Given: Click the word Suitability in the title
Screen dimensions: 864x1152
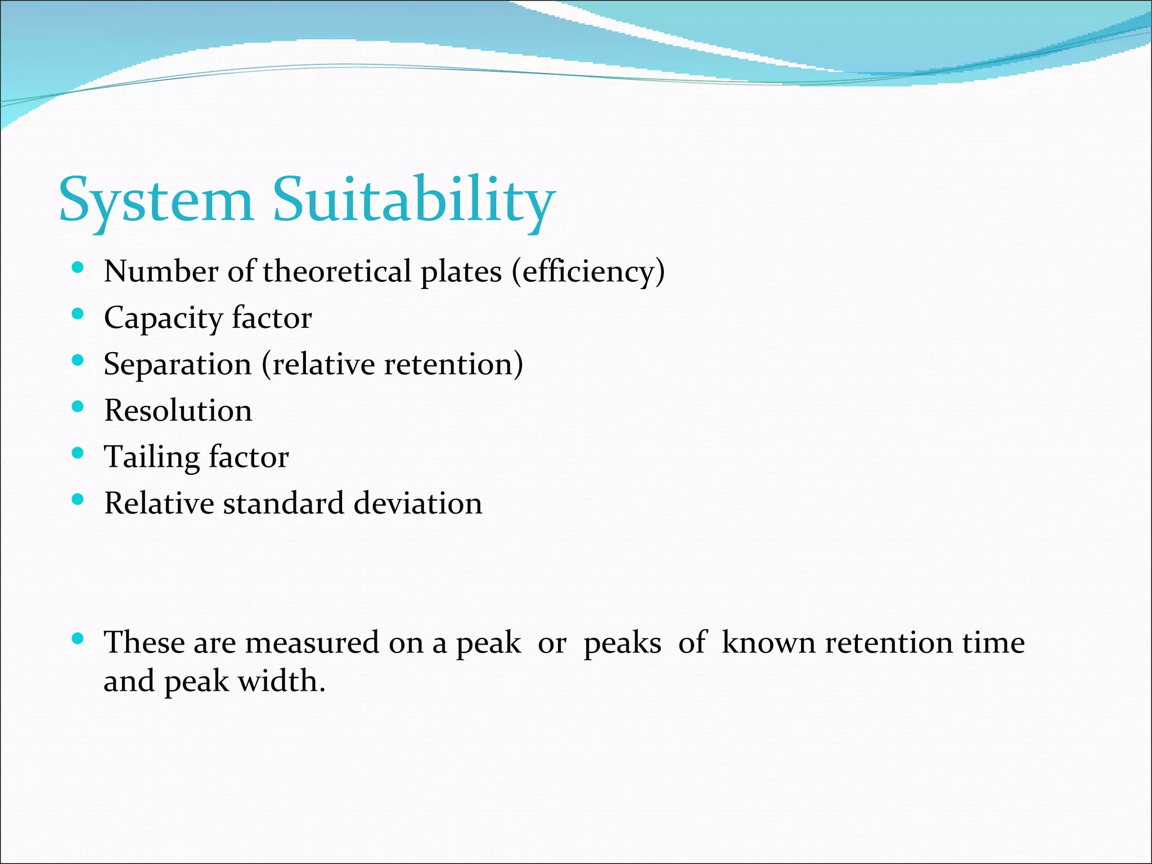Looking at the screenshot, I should [x=414, y=201].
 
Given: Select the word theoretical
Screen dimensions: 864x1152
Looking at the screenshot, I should [x=337, y=272].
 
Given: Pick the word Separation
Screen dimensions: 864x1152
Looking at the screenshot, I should [x=177, y=365].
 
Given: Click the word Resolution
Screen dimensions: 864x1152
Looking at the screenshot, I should [x=178, y=411].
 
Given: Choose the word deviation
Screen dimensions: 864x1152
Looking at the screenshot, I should [x=418, y=503].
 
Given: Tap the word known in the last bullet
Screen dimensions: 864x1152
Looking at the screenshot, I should [x=768, y=642].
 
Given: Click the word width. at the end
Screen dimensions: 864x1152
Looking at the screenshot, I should [x=282, y=681].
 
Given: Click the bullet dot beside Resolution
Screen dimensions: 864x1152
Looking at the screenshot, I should [x=78, y=406].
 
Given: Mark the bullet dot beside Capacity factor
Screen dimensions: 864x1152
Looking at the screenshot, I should [x=78, y=314].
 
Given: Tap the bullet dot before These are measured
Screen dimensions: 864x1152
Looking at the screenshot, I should [x=78, y=638].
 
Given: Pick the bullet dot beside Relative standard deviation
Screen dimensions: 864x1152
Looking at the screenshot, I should [x=78, y=498].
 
